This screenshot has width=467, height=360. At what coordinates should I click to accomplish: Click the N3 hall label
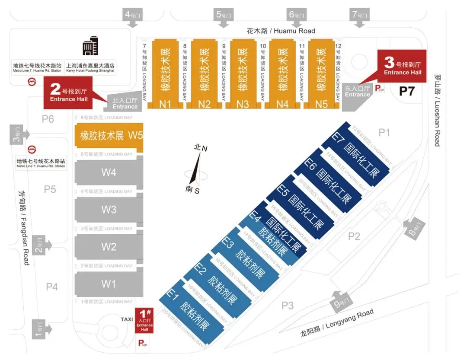243,104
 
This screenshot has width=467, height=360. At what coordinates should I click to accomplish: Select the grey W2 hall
109,247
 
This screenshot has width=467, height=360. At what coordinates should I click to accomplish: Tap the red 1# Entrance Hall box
144,321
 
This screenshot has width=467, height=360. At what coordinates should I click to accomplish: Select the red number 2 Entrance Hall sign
69,92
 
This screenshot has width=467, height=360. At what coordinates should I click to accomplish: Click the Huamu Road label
281,31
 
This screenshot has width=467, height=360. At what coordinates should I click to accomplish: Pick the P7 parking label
407,91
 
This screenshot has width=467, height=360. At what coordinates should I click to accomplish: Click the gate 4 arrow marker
133,17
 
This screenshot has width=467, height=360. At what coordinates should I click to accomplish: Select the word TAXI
127,319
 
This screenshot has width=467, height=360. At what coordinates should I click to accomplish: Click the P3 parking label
288,306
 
